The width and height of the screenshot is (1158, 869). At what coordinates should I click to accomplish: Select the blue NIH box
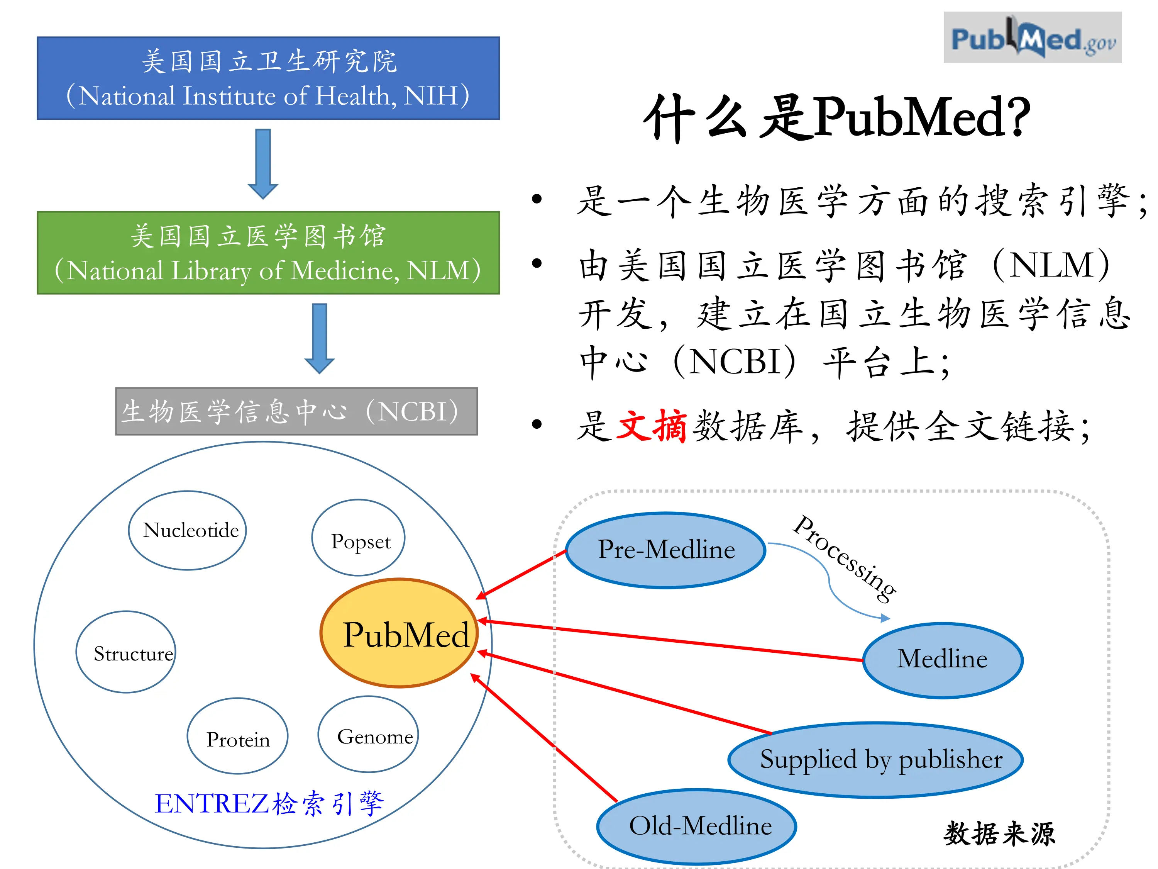point(268,78)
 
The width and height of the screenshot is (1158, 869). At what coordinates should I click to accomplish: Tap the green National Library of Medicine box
point(268,253)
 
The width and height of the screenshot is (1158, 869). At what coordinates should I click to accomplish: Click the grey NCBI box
point(296,412)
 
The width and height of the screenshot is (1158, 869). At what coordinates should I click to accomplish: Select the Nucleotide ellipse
point(188,530)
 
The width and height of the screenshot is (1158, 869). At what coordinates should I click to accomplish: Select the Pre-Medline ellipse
point(666,550)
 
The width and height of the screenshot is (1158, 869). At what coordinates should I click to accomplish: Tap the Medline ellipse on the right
point(942,660)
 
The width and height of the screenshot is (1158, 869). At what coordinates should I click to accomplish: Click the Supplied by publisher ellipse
point(875,760)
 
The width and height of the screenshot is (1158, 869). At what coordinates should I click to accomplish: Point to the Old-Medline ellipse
point(696,827)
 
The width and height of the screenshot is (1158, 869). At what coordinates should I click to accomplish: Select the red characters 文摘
point(652,426)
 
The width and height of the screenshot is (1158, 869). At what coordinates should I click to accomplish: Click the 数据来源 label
point(999,833)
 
